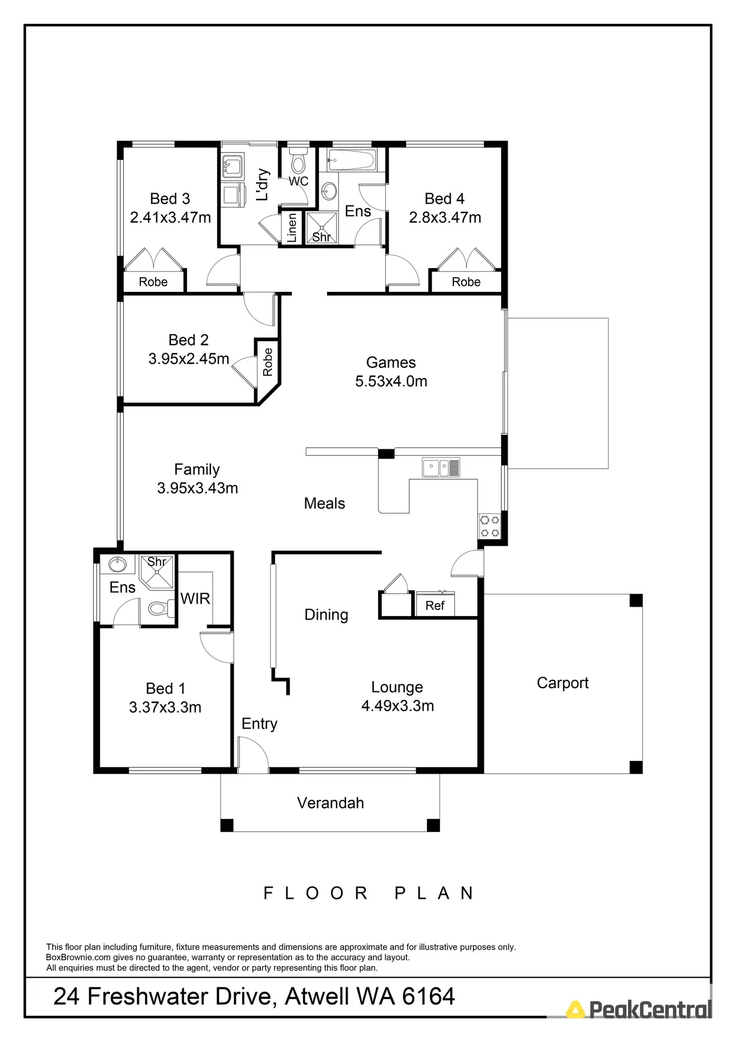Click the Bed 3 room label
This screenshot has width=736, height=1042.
coord(170,199)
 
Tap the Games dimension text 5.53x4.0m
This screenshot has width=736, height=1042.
coord(391,381)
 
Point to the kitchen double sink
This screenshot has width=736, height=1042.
coord(440,467)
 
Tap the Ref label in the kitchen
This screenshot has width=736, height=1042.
coord(435,606)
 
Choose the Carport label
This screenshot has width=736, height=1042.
coord(562,683)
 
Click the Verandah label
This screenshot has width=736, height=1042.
coord(330,803)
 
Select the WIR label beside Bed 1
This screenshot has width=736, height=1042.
coord(195,599)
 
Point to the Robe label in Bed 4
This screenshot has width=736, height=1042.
coord(466,282)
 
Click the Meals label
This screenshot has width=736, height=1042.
coord(324,503)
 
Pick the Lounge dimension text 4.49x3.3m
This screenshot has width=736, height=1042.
coord(398,706)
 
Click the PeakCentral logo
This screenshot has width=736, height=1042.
coord(639,1009)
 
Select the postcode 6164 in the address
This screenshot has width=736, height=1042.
coord(428,996)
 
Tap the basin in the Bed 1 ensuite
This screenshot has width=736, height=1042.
coord(117,564)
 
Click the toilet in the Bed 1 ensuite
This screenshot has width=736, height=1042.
coord(158,608)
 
